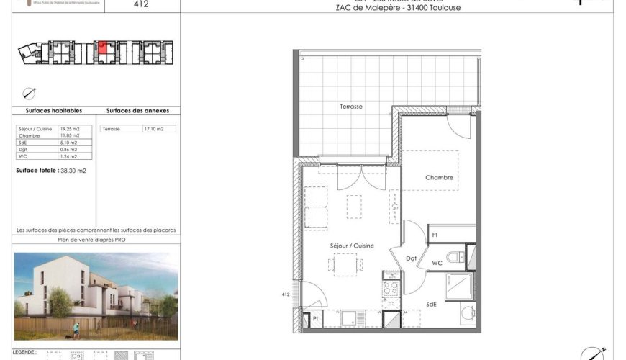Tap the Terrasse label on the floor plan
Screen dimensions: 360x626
click(351, 107)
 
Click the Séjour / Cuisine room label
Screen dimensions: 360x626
click(352, 246)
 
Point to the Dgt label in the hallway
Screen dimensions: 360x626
click(412, 258)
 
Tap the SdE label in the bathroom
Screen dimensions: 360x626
click(432, 305)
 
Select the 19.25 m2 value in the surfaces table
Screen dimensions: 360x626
click(70, 129)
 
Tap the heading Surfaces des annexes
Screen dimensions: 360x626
click(137, 111)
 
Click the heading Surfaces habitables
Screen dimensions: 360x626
click(54, 111)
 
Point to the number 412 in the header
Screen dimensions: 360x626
click(142, 4)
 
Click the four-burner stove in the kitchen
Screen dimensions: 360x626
click(391, 289)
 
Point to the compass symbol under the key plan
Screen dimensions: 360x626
click(30, 92)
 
